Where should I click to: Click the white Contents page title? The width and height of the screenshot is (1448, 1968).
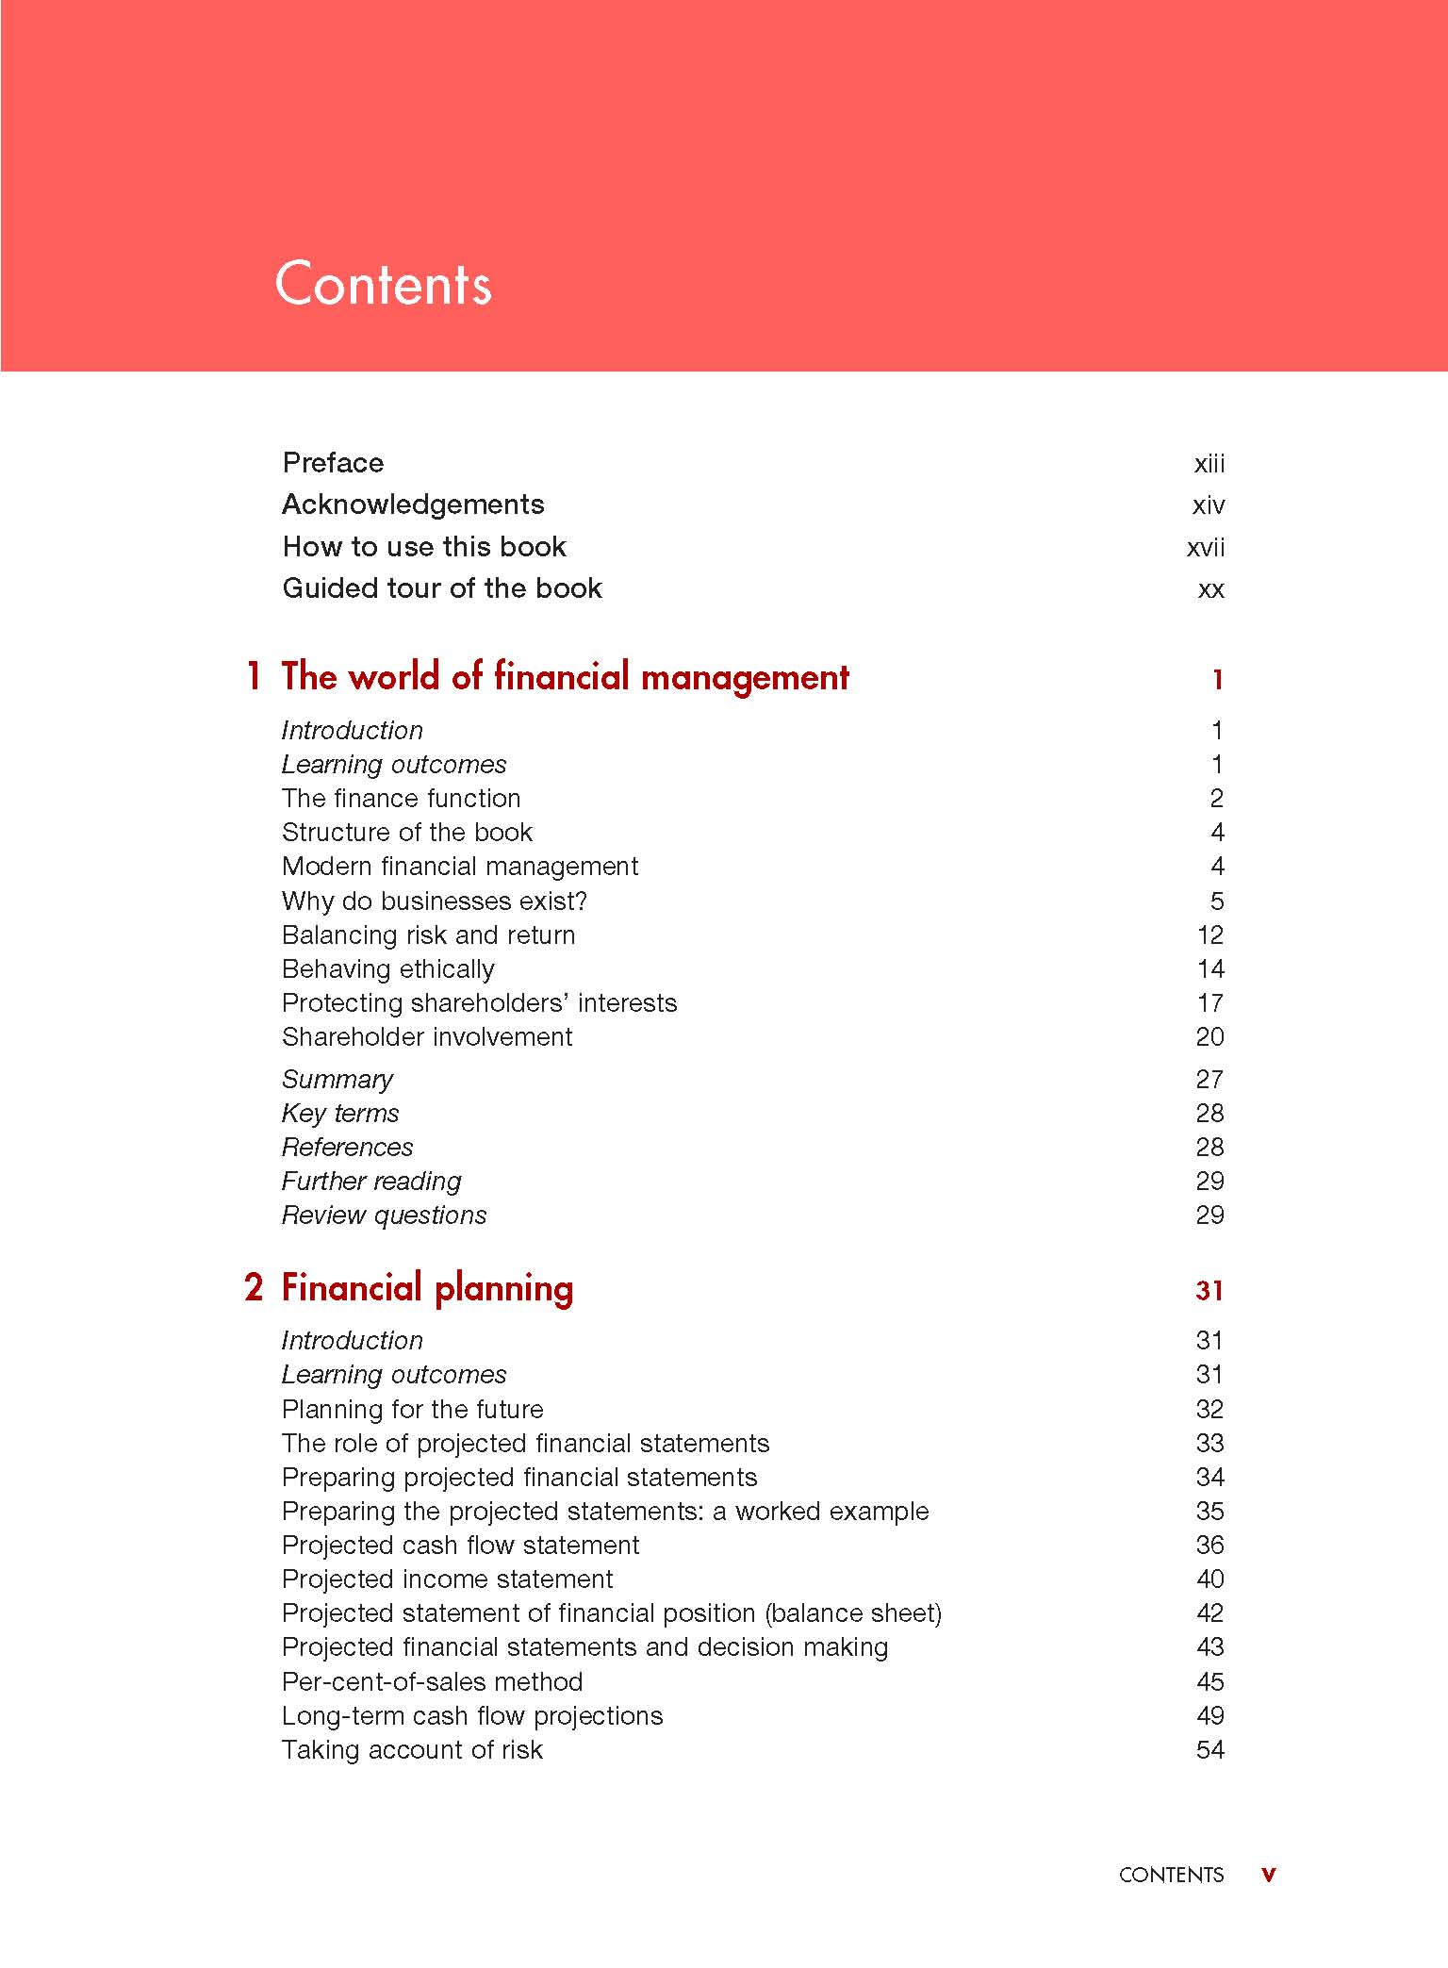pyautogui.click(x=383, y=284)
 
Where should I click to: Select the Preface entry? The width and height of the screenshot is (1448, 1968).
pyautogui.click(x=333, y=463)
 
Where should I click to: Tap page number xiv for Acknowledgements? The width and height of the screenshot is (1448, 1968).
pyautogui.click(x=1208, y=505)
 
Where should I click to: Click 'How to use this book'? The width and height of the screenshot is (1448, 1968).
pyautogui.click(x=423, y=547)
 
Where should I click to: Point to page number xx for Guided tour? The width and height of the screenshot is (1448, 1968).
pyautogui.click(x=1210, y=589)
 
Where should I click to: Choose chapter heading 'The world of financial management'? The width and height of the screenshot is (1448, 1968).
pyautogui.click(x=565, y=677)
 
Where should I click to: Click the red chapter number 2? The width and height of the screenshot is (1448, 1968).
pyautogui.click(x=253, y=1288)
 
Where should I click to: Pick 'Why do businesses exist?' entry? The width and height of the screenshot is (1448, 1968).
pyautogui.click(x=434, y=901)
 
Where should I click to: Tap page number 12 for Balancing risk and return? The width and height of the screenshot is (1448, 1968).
pyautogui.click(x=1209, y=935)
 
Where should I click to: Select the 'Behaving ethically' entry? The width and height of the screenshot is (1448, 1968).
pyautogui.click(x=387, y=969)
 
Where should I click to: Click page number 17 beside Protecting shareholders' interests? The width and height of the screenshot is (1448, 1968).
pyautogui.click(x=1209, y=1003)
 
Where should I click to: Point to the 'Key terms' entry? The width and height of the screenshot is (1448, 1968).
pyautogui.click(x=340, y=1114)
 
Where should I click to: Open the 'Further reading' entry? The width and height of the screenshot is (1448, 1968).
pyautogui.click(x=371, y=1182)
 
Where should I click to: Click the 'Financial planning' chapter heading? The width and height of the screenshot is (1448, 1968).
pyautogui.click(x=427, y=1288)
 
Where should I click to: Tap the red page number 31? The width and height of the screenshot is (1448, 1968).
pyautogui.click(x=1209, y=1290)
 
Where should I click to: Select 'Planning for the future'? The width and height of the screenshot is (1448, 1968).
pyautogui.click(x=412, y=1410)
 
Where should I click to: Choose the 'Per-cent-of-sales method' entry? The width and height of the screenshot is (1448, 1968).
pyautogui.click(x=432, y=1682)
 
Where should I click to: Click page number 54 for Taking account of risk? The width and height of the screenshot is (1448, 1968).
pyautogui.click(x=1209, y=1750)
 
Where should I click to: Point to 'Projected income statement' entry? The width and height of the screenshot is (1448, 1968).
pyautogui.click(x=447, y=1579)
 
